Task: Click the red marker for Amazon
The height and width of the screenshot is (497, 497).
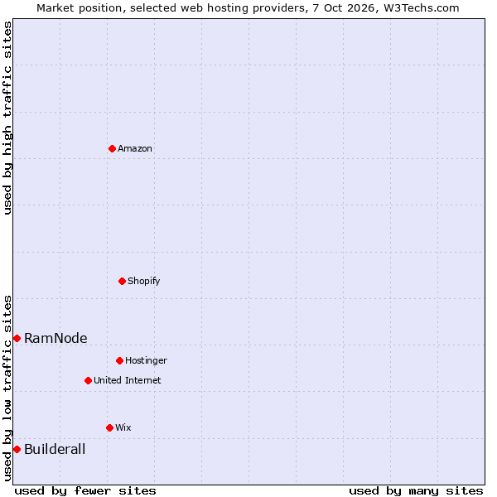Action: pyautogui.click(x=112, y=148)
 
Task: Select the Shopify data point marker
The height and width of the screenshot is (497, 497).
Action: pyautogui.click(x=122, y=281)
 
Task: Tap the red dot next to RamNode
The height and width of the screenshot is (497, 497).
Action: pyautogui.click(x=17, y=339)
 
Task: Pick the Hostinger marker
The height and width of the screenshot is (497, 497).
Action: pyautogui.click(x=119, y=360)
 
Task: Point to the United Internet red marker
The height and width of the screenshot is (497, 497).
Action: pyautogui.click(x=88, y=380)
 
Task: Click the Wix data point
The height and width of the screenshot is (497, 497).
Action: pyautogui.click(x=109, y=428)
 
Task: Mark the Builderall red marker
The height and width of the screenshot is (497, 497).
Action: pyautogui.click(x=17, y=450)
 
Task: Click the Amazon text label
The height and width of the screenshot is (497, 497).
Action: pyautogui.click(x=135, y=148)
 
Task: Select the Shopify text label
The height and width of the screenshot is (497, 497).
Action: pyautogui.click(x=143, y=281)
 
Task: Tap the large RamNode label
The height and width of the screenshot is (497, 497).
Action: pyautogui.click(x=55, y=338)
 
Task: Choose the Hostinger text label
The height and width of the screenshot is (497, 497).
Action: pyautogui.click(x=146, y=360)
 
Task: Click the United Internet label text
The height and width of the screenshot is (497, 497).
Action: pyautogui.click(x=127, y=380)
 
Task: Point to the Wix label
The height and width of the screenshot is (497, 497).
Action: pyautogui.click(x=123, y=427)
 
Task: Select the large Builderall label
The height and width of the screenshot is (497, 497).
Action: pyautogui.click(x=55, y=449)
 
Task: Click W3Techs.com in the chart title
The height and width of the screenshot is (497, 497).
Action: pyautogui.click(x=422, y=7)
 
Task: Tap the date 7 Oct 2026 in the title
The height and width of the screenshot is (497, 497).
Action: pyautogui.click(x=343, y=7)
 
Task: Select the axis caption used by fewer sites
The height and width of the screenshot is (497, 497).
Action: pyautogui.click(x=85, y=491)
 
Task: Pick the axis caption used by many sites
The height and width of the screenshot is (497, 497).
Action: pyautogui.click(x=416, y=491)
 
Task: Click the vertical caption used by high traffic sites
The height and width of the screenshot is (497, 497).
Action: pyautogui.click(x=7, y=118)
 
